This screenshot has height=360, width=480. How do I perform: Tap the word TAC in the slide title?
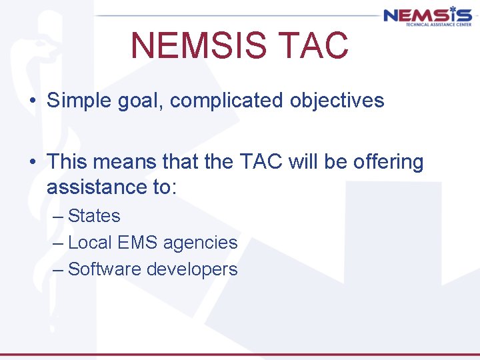319,45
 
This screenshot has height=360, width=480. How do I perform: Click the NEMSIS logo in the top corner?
427,15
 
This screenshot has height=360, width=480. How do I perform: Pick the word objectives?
337,101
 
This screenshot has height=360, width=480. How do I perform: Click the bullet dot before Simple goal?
32,101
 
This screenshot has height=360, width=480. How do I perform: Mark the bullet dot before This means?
32,163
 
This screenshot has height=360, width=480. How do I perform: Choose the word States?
94,216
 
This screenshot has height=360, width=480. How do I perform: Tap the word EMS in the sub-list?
136,243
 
